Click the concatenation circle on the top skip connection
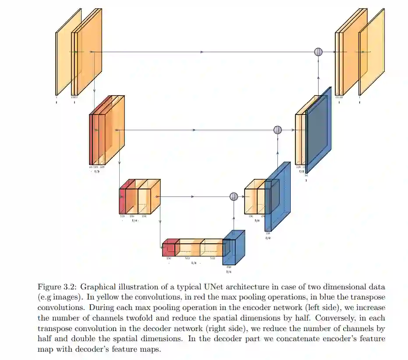tap(319, 52)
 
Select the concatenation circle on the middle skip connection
tap(277, 130)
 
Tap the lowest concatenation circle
tap(234, 196)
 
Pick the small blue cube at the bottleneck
tap(233, 248)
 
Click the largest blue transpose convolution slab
tap(319, 129)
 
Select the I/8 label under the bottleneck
tap(194, 263)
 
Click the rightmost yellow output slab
tap(372, 52)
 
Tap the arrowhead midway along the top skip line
tap(202, 52)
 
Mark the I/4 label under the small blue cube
tap(228, 272)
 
